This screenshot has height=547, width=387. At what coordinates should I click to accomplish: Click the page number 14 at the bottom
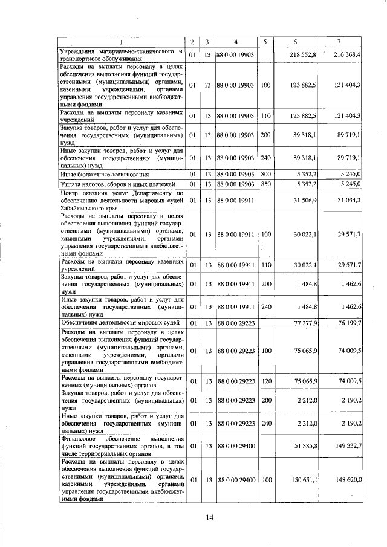coord(209,517)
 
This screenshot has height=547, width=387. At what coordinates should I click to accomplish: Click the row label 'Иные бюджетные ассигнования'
coord(99,174)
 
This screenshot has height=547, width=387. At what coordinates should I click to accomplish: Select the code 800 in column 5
coord(265,174)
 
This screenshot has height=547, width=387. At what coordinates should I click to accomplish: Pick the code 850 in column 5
coord(265,184)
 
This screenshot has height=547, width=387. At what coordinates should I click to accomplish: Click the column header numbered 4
coord(235,42)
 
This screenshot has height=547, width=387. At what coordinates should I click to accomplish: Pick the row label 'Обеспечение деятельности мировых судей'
coord(120,323)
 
